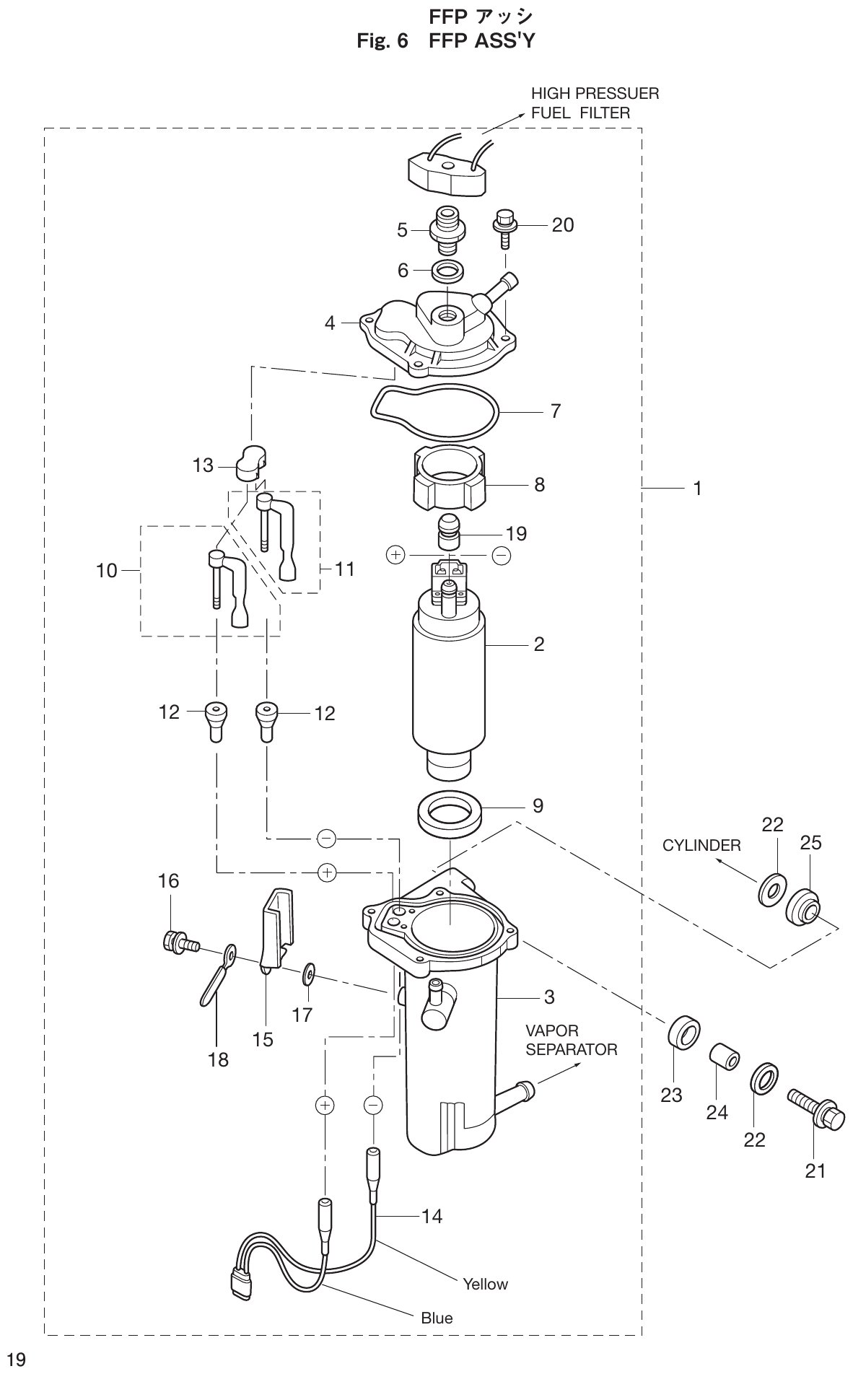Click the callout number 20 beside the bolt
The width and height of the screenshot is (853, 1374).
[562, 225]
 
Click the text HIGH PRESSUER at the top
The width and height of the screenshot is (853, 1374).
[595, 94]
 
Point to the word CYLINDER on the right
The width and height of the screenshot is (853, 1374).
[701, 845]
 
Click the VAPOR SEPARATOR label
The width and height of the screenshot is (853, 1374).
[571, 1040]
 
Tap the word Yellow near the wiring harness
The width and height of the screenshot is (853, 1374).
[485, 1284]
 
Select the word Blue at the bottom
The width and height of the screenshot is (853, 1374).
[437, 1318]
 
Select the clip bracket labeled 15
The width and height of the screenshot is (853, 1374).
[276, 931]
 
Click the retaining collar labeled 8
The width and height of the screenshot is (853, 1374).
[449, 480]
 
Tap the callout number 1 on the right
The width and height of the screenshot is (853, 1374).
[697, 489]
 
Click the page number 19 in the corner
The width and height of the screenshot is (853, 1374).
[16, 1360]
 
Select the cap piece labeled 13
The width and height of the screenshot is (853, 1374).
[250, 462]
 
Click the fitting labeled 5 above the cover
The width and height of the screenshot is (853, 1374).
[447, 229]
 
